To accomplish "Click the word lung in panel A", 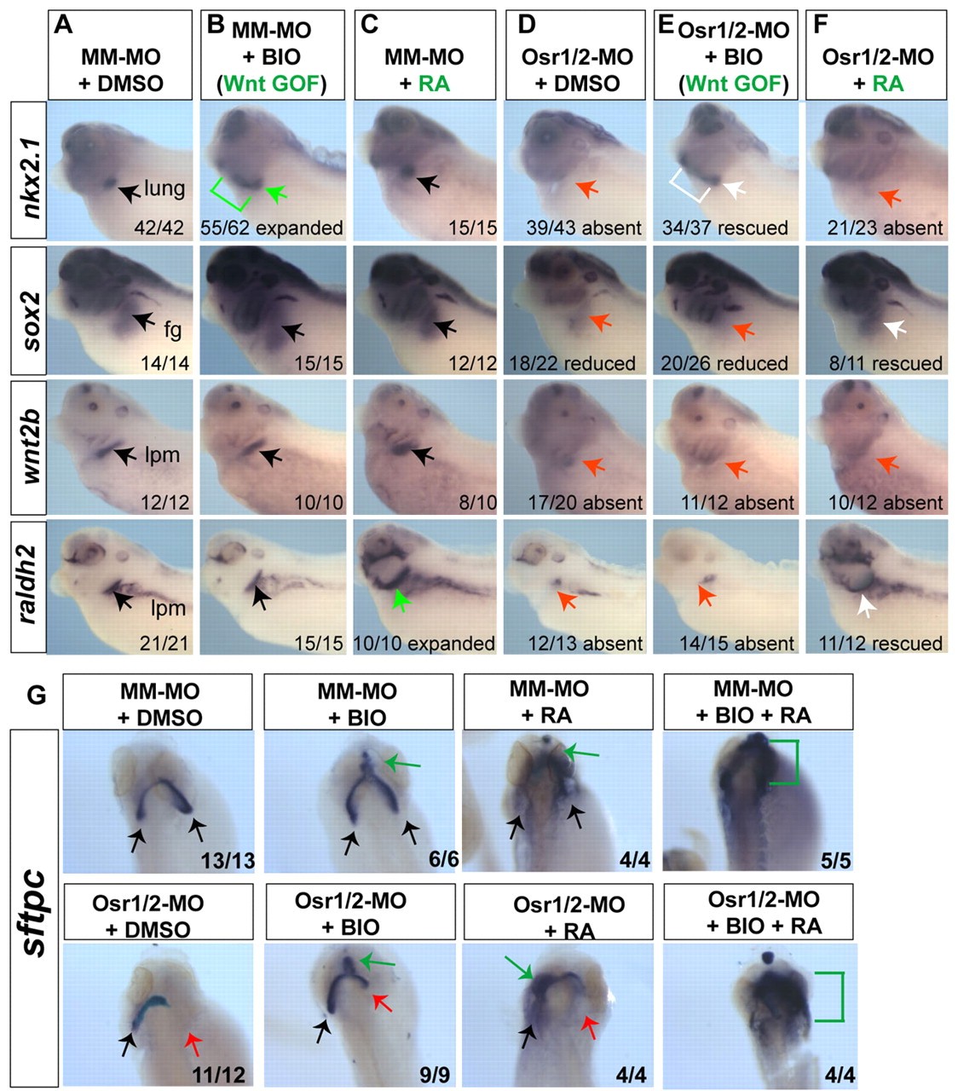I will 164,188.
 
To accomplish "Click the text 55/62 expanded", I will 272,228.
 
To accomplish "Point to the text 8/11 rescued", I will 886,364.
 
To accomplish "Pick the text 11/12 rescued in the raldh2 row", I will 886,644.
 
